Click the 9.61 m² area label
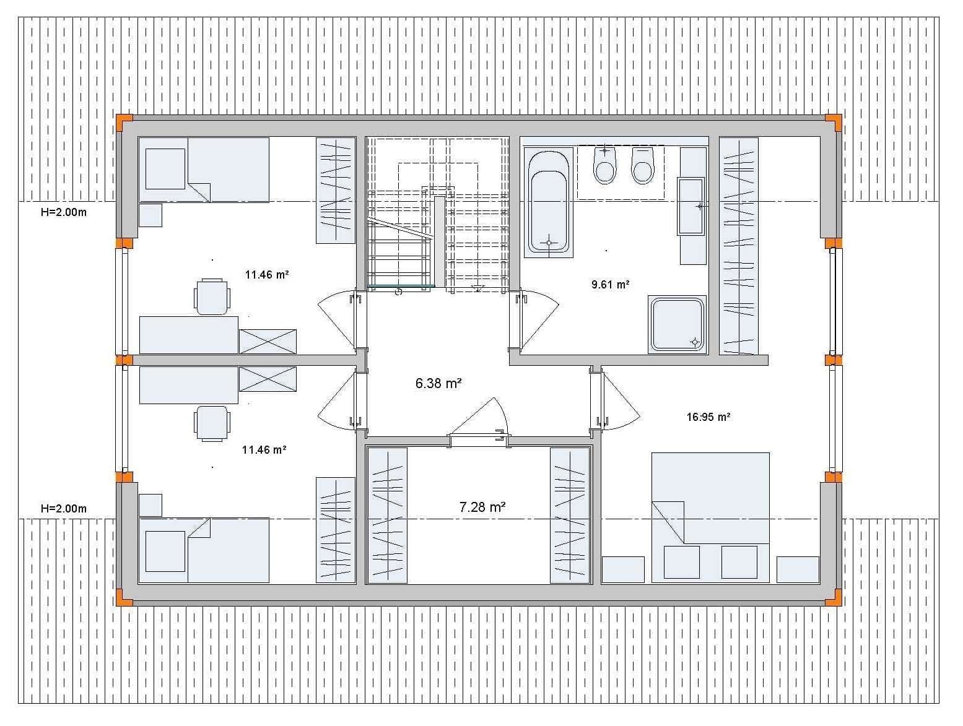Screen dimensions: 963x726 [x=610, y=285]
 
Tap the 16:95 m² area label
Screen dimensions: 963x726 [x=708, y=417]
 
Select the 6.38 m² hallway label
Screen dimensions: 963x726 [x=438, y=383]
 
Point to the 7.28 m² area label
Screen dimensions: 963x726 [x=482, y=508]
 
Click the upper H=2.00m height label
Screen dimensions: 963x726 [x=64, y=213]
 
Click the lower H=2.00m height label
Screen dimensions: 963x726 [x=64, y=509]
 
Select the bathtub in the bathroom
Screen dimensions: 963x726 [x=549, y=202]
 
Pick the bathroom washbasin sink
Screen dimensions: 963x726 [x=691, y=206]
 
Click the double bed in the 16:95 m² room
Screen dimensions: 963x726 [x=710, y=517]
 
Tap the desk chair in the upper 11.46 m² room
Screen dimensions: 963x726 [x=212, y=296]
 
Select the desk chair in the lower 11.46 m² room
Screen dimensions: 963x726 [x=212, y=423]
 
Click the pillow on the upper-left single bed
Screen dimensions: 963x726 [x=165, y=169]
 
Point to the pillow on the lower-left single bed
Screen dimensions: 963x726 [x=165, y=551]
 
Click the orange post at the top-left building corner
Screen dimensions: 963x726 [x=124, y=123]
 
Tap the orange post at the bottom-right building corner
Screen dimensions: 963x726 [x=834, y=597]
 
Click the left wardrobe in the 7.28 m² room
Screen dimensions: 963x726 [x=387, y=515]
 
